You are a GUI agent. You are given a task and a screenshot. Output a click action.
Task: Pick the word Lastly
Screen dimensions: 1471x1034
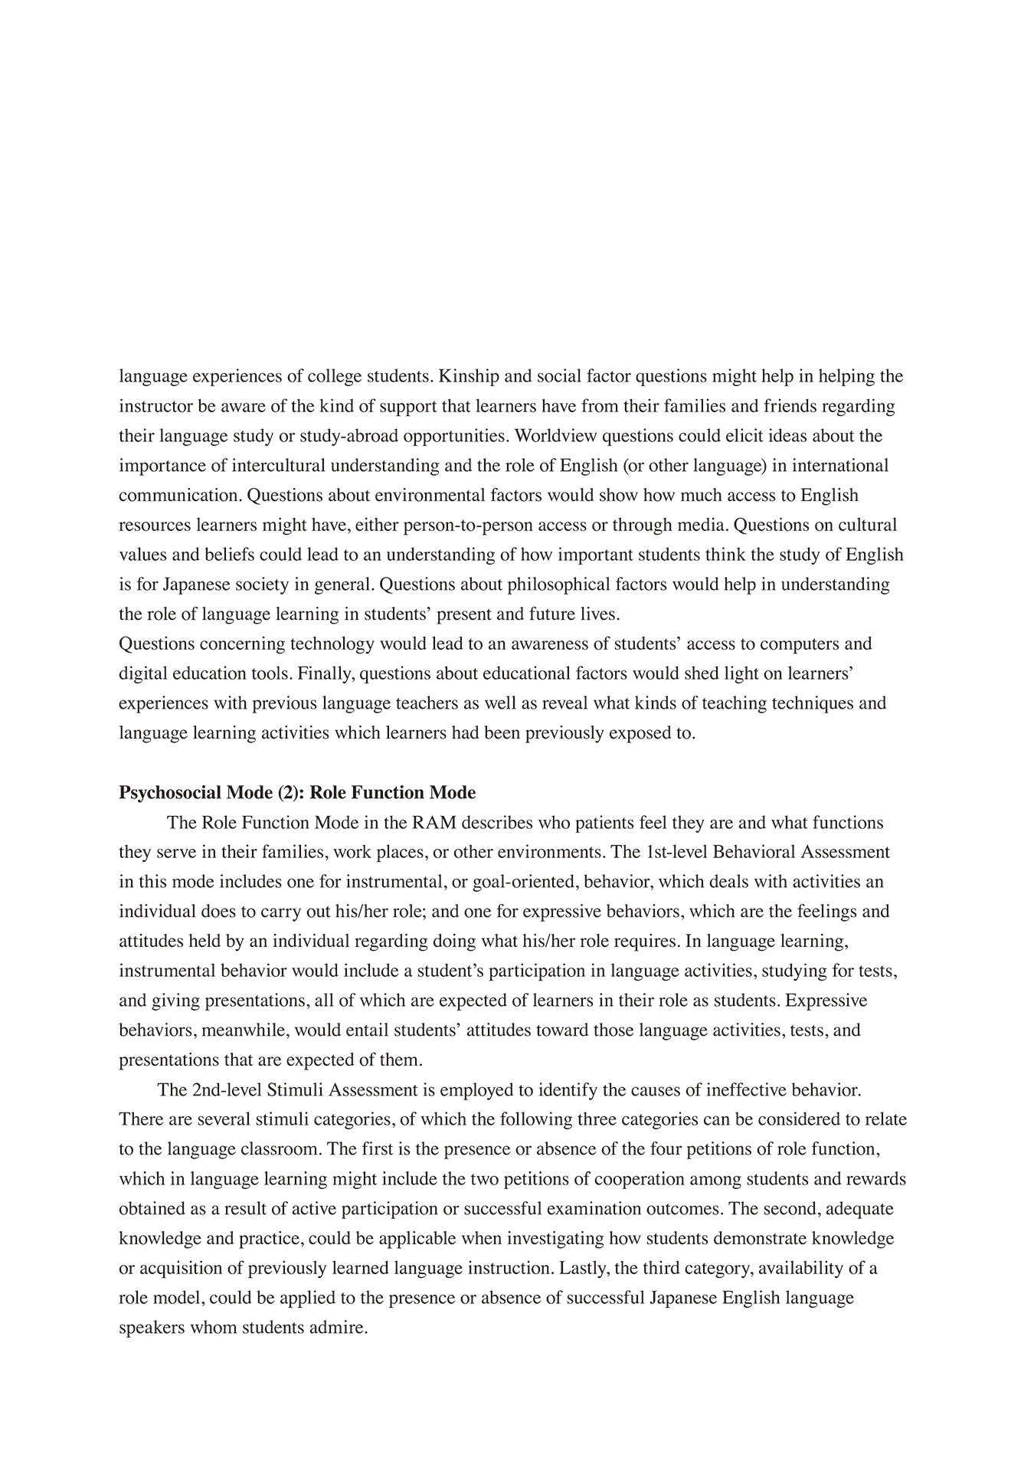tap(584, 1268)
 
